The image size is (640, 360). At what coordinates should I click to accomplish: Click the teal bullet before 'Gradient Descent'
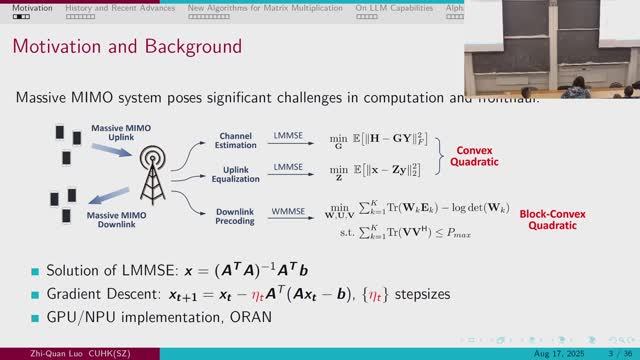[36, 295]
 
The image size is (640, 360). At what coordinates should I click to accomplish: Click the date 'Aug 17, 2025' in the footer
[551, 351]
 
